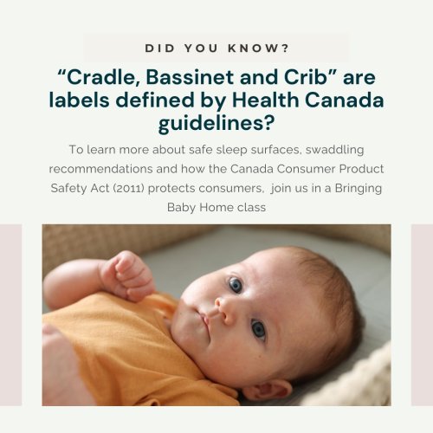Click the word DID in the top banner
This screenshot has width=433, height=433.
[x=160, y=48]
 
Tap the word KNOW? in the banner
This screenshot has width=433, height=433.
[x=258, y=48]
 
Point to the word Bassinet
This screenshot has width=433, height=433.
[x=190, y=77]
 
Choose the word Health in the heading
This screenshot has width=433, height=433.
[x=265, y=100]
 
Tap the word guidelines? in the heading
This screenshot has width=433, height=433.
[x=216, y=123]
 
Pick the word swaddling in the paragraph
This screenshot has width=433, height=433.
[x=334, y=150]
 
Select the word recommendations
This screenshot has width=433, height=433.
[x=100, y=169]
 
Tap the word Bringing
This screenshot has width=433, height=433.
[x=359, y=189]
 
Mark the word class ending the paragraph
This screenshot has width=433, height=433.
[x=251, y=208]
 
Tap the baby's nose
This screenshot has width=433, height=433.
[x=223, y=309]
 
